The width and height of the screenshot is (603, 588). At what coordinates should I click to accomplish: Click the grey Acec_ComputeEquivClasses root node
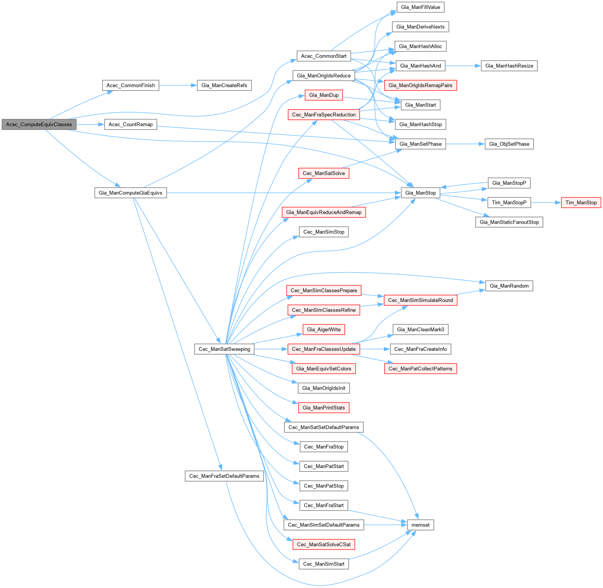39,125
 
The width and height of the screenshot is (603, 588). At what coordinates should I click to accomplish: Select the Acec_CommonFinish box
130,86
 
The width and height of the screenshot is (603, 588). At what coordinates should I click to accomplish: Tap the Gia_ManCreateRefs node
224,86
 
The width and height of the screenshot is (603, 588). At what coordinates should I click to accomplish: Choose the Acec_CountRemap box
130,125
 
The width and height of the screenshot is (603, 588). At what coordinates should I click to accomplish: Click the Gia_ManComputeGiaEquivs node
130,193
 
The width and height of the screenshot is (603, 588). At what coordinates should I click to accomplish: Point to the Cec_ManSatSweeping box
224,349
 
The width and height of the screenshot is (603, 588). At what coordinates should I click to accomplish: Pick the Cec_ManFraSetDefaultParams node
224,476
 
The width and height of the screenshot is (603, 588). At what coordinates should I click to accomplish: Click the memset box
421,525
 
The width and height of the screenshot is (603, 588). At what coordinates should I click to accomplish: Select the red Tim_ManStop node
581,202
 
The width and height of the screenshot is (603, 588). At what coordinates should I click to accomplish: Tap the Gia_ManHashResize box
509,66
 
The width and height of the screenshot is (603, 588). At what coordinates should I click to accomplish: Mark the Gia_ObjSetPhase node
509,144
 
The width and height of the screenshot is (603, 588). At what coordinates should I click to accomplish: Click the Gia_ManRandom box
509,286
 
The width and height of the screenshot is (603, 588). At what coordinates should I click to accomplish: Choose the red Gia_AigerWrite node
324,330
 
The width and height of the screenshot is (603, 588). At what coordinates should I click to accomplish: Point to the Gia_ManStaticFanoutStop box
509,222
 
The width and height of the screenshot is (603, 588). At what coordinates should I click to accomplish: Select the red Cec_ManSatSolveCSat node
324,544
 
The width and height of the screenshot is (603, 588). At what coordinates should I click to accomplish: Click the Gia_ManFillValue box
421,7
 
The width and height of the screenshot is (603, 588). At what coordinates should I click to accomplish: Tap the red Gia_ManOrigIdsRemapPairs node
421,86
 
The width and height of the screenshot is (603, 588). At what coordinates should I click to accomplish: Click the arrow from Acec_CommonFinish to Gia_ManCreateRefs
177,86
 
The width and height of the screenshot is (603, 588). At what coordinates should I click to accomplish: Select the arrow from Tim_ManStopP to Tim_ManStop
546,202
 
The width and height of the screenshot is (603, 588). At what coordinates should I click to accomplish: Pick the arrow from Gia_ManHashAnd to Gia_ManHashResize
463,66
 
